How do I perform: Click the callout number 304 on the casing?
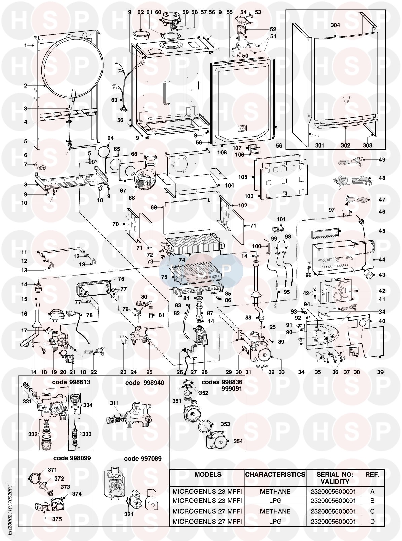pyautogui.click(x=335, y=25)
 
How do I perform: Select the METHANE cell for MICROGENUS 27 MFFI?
pyautogui.click(x=275, y=511)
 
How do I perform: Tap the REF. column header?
pyautogui.click(x=372, y=475)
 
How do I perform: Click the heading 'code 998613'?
pyautogui.click(x=71, y=383)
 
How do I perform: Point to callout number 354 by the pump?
pyautogui.click(x=238, y=441)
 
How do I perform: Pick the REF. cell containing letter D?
pyautogui.click(x=372, y=521)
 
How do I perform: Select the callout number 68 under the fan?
pyautogui.click(x=132, y=198)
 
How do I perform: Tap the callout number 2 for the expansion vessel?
pyautogui.click(x=26, y=86)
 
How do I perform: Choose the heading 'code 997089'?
pyautogui.click(x=143, y=458)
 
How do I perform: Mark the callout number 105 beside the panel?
pyautogui.click(x=243, y=177)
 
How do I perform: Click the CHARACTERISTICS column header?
pyautogui.click(x=275, y=475)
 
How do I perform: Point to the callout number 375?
pyautogui.click(x=57, y=519)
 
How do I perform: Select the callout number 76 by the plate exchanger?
pyautogui.click(x=121, y=279)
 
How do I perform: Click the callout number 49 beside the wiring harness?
pyautogui.click(x=382, y=160)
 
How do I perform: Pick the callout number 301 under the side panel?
pyautogui.click(x=320, y=145)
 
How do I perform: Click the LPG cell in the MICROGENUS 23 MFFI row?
pyautogui.click(x=275, y=501)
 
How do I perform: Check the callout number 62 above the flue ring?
pyautogui.click(x=140, y=12)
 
